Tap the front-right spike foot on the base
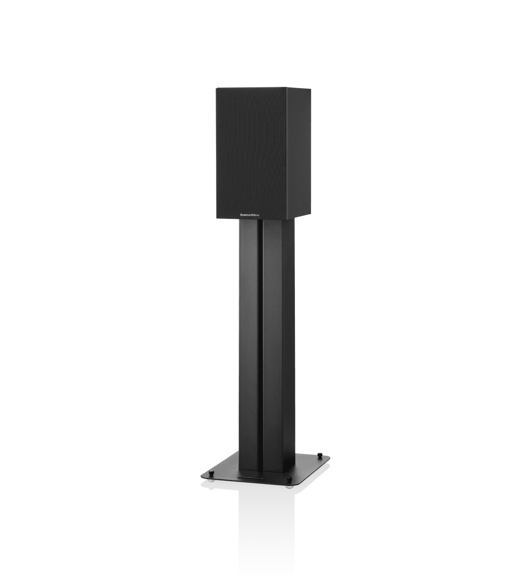point(289,478)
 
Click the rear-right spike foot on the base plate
point(319,455)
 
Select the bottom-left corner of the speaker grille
point(217,218)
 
